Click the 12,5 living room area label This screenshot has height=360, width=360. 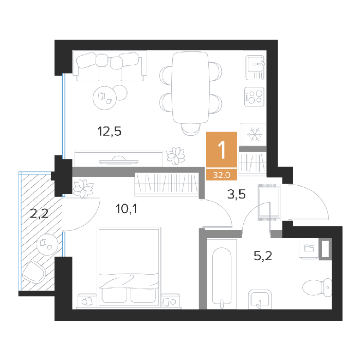tap(109, 132)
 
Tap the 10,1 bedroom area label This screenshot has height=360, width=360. tap(127, 209)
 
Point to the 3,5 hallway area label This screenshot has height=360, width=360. tap(236, 194)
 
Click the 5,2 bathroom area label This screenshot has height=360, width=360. tap(263, 256)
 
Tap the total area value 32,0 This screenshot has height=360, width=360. tap(222, 175)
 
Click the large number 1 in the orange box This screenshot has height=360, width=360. tap(222, 150)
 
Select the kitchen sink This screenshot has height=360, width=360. tap(255, 67)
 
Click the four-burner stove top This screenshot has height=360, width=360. tap(255, 97)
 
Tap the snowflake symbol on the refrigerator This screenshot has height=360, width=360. tap(255, 134)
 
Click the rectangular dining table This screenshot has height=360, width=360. tap(191, 87)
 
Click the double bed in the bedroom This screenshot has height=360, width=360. tap(129, 267)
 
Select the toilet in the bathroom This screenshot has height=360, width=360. tap(317, 287)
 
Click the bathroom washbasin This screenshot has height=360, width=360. tap(260, 299)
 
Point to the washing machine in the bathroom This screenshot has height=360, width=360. tap(309, 248)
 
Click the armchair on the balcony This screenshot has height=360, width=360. tap(34, 272)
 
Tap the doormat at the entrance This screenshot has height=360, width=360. tap(269, 202)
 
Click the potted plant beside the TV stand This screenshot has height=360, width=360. tap(176, 156)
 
